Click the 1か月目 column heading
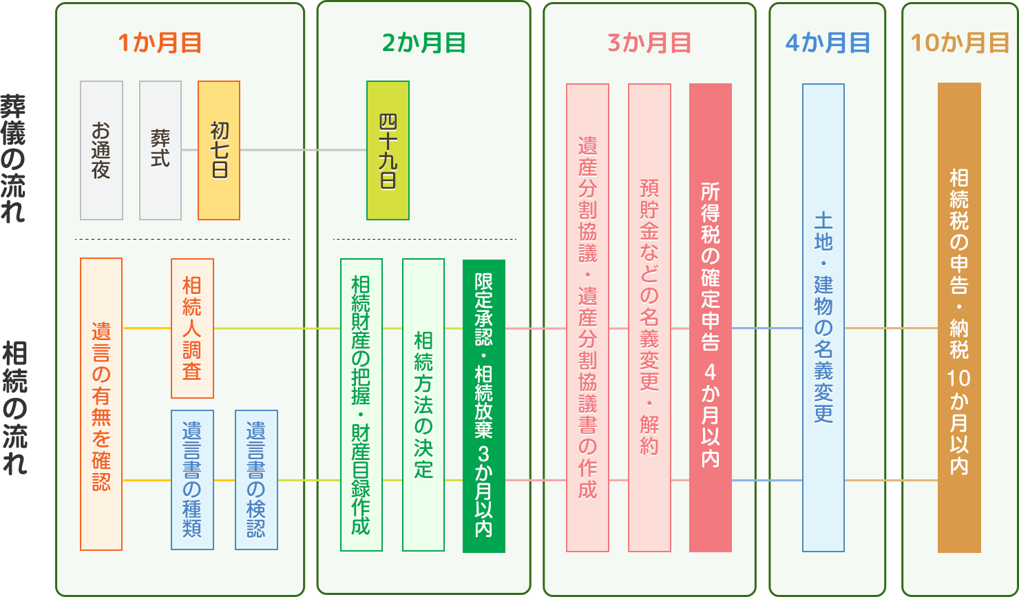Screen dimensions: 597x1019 (160, 43)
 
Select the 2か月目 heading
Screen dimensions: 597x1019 (423, 43)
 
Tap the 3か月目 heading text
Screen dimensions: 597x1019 (649, 43)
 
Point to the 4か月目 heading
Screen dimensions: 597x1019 (827, 43)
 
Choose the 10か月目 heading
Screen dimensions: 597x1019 (960, 43)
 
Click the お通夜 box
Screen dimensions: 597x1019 (101, 150)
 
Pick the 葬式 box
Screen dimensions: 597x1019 (160, 150)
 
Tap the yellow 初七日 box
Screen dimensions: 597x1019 (219, 150)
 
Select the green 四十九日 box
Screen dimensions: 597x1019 (388, 150)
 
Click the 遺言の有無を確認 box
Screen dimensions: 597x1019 (101, 404)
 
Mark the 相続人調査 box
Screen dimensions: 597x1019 (192, 328)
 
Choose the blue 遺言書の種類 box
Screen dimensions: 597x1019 (192, 480)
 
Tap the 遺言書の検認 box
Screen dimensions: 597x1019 (256, 480)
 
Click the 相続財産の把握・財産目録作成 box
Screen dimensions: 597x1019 (361, 405)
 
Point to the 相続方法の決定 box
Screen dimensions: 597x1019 (423, 405)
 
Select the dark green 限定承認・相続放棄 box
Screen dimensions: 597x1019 (484, 406)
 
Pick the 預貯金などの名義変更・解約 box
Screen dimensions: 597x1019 (649, 317)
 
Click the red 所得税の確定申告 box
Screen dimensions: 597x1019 (711, 317)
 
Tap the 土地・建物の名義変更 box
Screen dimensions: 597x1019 (823, 317)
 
